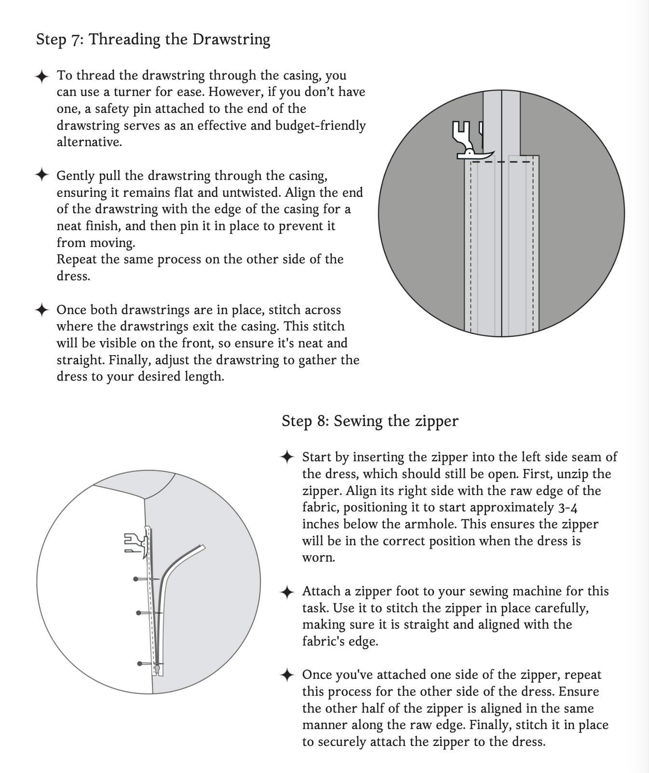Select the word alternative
(x=89, y=142)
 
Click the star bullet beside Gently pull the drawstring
(x=42, y=175)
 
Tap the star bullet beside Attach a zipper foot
(x=287, y=592)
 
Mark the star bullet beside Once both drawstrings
(x=42, y=309)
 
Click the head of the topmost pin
(x=136, y=579)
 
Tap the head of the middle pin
(x=138, y=613)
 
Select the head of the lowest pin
(x=139, y=664)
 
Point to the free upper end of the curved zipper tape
(x=203, y=547)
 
